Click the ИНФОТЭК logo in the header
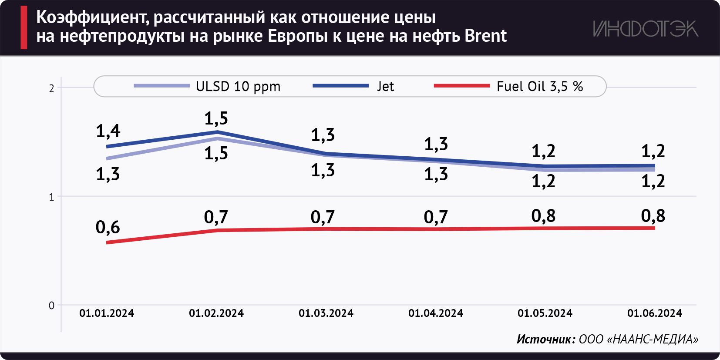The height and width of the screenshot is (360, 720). [646, 29]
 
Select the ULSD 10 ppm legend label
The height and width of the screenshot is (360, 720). [238, 86]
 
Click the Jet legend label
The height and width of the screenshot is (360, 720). [385, 86]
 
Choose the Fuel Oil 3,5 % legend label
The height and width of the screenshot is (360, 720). [540, 86]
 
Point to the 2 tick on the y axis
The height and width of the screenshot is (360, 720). [52, 88]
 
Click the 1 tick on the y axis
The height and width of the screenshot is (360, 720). [52, 197]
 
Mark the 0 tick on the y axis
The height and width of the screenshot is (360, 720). [52, 305]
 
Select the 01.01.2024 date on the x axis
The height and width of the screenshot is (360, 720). [107, 313]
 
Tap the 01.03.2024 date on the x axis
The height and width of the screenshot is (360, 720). [326, 313]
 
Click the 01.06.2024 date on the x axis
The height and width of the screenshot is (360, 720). [655, 313]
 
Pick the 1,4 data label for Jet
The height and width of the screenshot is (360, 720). [108, 131]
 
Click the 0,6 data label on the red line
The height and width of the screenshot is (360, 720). [108, 227]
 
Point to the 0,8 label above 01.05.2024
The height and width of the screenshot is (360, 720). [543, 215]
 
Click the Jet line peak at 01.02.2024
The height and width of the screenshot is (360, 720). [217, 132]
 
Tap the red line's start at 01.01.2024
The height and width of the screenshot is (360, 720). [108, 242]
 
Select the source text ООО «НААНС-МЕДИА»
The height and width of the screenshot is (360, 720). [639, 339]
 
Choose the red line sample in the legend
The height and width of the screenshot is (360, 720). [461, 86]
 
